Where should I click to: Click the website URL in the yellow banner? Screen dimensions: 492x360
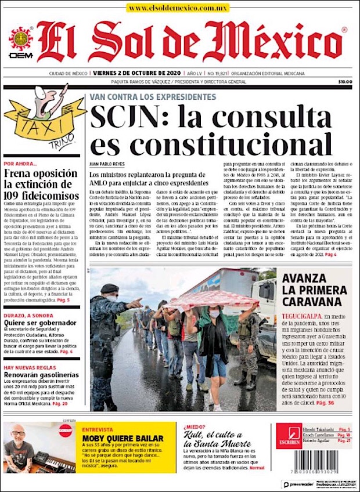coord(178,8)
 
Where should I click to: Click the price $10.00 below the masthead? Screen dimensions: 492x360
coord(345,82)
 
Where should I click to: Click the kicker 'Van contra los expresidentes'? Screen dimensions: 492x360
coord(152,96)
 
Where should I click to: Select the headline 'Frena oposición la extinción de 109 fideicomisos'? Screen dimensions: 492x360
coord(41,184)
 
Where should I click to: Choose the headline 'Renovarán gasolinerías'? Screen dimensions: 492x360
coord(41,375)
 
